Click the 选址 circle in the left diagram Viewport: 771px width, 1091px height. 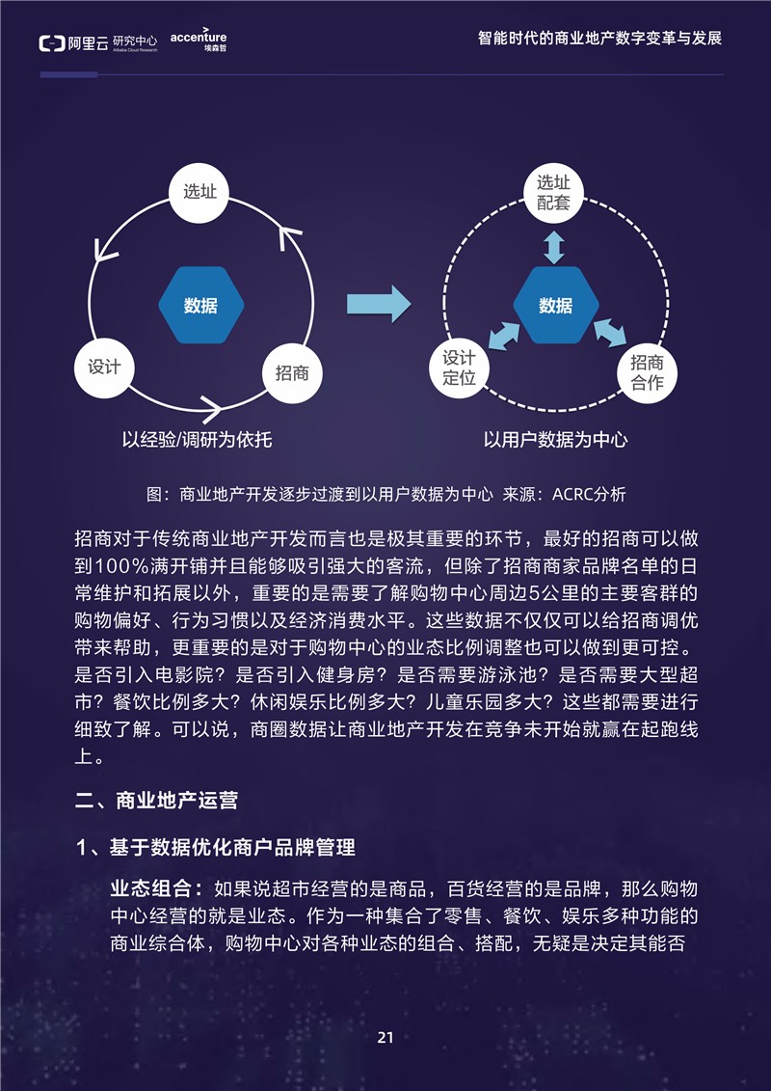pos(199,193)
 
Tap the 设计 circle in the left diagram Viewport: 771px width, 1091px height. pos(104,368)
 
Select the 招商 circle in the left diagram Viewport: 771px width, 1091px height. pos(293,373)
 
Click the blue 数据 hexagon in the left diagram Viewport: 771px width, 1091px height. pos(200,305)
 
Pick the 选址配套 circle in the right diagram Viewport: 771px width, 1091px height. pos(554,193)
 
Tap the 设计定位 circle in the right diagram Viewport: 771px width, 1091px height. pos(459,368)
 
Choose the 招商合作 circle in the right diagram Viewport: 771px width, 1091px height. pos(648,372)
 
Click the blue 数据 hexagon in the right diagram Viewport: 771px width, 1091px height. pos(556,305)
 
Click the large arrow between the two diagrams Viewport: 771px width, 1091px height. pos(379,304)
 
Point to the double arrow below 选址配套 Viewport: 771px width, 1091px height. pos(554,247)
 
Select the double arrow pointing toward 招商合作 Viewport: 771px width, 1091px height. pos(610,333)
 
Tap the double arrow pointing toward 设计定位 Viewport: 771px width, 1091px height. pos(504,336)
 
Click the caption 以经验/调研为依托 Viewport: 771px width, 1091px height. pos(197,440)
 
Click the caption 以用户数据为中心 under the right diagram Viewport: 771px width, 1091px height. pos(555,440)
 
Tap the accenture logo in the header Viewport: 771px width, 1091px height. pos(199,40)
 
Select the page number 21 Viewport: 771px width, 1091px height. pos(385,1037)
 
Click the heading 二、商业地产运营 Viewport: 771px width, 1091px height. pos(156,800)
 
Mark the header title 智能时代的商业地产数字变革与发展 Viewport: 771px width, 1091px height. pos(600,38)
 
